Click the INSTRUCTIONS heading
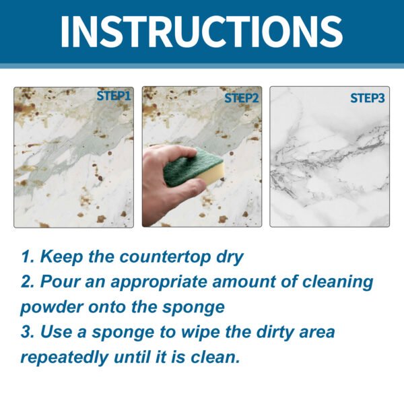pyautogui.click(x=202, y=32)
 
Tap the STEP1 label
pyautogui.click(x=113, y=96)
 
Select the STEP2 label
pyautogui.click(x=242, y=98)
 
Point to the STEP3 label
pyautogui.click(x=368, y=98)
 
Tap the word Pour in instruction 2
pyautogui.click(x=57, y=281)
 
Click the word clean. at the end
pyautogui.click(x=216, y=356)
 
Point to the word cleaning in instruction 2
pyautogui.click(x=335, y=281)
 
